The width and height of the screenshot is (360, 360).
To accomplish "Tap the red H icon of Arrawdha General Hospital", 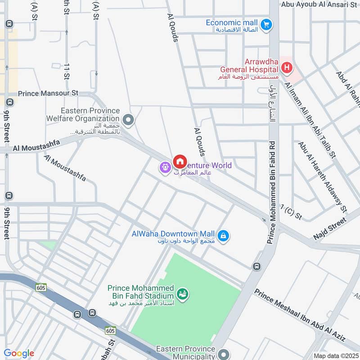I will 286,68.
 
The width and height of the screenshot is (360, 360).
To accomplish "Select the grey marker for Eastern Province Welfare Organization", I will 129,120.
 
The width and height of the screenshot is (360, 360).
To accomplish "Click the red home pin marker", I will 180,161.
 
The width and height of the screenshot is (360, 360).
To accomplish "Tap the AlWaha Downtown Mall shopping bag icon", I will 223,235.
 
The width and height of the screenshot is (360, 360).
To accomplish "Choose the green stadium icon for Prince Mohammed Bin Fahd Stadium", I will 183,294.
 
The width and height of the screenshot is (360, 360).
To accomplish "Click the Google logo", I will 18,353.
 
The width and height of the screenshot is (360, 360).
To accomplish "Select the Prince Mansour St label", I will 48,94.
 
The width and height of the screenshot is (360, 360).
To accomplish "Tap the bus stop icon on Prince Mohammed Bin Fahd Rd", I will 256,266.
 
